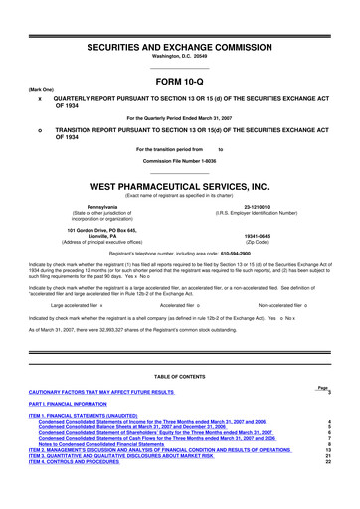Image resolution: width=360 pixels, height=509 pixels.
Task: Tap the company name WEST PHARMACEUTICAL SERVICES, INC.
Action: [180, 184]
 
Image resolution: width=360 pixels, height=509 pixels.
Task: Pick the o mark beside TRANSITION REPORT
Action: [39, 131]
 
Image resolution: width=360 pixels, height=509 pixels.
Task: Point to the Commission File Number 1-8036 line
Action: [179, 161]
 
